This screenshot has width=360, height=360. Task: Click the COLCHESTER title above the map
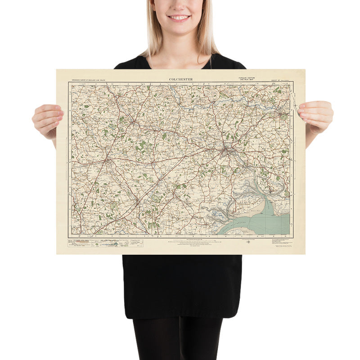pos(181,79)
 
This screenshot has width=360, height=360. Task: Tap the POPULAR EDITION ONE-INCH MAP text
pos(247,79)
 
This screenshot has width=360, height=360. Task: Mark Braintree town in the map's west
pos(107,160)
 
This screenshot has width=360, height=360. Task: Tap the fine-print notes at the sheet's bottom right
pos(281,243)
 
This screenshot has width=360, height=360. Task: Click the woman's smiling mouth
pos(179,18)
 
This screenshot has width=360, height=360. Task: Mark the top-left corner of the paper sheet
pos(57,70)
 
